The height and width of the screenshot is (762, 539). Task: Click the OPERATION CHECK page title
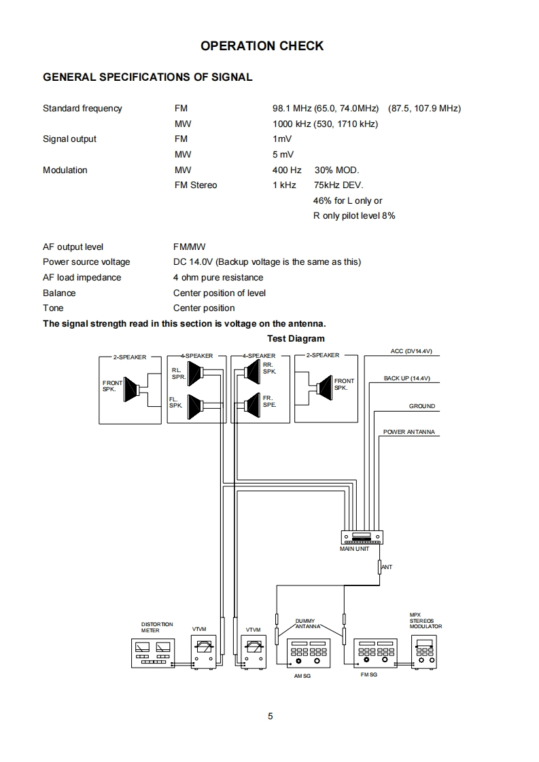click(x=262, y=46)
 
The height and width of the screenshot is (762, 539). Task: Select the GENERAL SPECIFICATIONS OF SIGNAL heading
click(x=147, y=77)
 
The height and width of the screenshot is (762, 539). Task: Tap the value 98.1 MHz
click(x=292, y=108)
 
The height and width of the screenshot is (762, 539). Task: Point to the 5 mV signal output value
click(x=283, y=154)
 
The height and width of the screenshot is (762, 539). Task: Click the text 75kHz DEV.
click(x=338, y=185)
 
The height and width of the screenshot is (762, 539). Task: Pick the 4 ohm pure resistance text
click(x=218, y=277)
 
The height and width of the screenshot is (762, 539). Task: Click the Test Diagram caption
click(x=296, y=338)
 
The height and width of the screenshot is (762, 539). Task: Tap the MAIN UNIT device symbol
click(x=361, y=537)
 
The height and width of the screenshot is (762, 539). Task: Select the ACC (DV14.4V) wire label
click(x=411, y=351)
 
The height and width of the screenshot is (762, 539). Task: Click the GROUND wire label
click(x=421, y=406)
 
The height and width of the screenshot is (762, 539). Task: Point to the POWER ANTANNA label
click(x=408, y=432)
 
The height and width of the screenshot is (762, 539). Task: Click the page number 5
click(x=270, y=716)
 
